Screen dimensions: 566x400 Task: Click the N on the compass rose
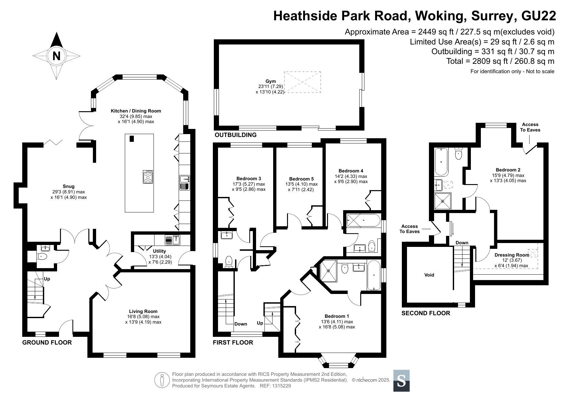click(56, 56)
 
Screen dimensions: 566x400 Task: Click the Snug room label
click(69, 186)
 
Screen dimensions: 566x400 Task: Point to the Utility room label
click(160, 251)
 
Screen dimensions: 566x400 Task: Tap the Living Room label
click(143, 311)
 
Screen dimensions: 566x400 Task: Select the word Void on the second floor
click(429, 275)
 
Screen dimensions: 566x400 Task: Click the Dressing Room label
click(512, 255)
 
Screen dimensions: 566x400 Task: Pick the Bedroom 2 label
click(508, 170)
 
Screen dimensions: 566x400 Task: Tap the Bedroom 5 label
click(301, 179)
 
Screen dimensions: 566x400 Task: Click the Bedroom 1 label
click(337, 316)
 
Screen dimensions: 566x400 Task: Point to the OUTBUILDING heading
click(236, 135)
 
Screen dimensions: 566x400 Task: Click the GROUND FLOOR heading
click(47, 342)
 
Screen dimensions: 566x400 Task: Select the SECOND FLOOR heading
click(426, 313)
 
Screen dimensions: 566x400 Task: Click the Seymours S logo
click(402, 381)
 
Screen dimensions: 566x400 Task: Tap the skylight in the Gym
click(302, 82)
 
